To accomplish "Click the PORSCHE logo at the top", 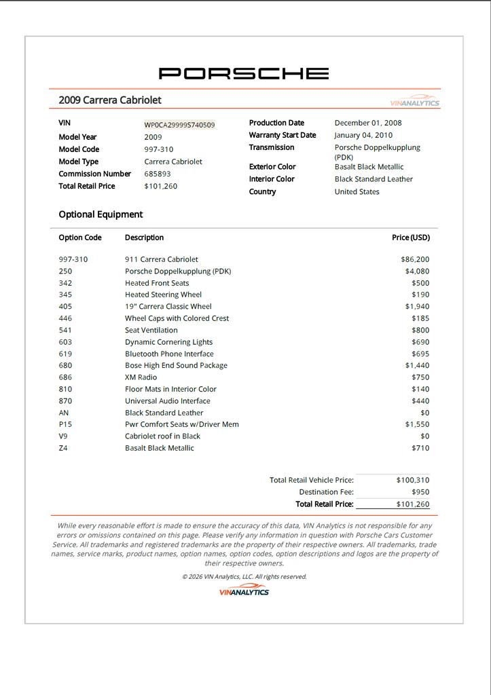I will pos(244,73).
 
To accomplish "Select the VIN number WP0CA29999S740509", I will pos(179,125).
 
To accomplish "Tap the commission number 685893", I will pos(158,174).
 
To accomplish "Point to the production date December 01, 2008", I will pos(368,123).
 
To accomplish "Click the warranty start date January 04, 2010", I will pos(363,135).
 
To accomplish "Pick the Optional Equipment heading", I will pos(101,214).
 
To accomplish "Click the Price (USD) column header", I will pos(411,238).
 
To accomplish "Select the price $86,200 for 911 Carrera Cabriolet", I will pos(415,259).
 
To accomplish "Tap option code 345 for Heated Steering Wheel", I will pos(65,295).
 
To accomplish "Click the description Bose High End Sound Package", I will pos(176,365).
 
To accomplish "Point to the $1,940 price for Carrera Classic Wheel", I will pos(417,306).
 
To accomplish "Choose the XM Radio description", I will pos(141,377).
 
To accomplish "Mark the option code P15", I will pos(65,424).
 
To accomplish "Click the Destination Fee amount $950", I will pos(420,492).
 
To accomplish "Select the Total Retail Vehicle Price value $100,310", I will pos(413,480).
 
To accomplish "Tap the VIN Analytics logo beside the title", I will pos(415,101).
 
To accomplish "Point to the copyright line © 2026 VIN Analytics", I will pos(244,577).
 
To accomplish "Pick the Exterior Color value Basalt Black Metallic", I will pos(369,167).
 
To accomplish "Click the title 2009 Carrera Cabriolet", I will pos(110,100).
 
